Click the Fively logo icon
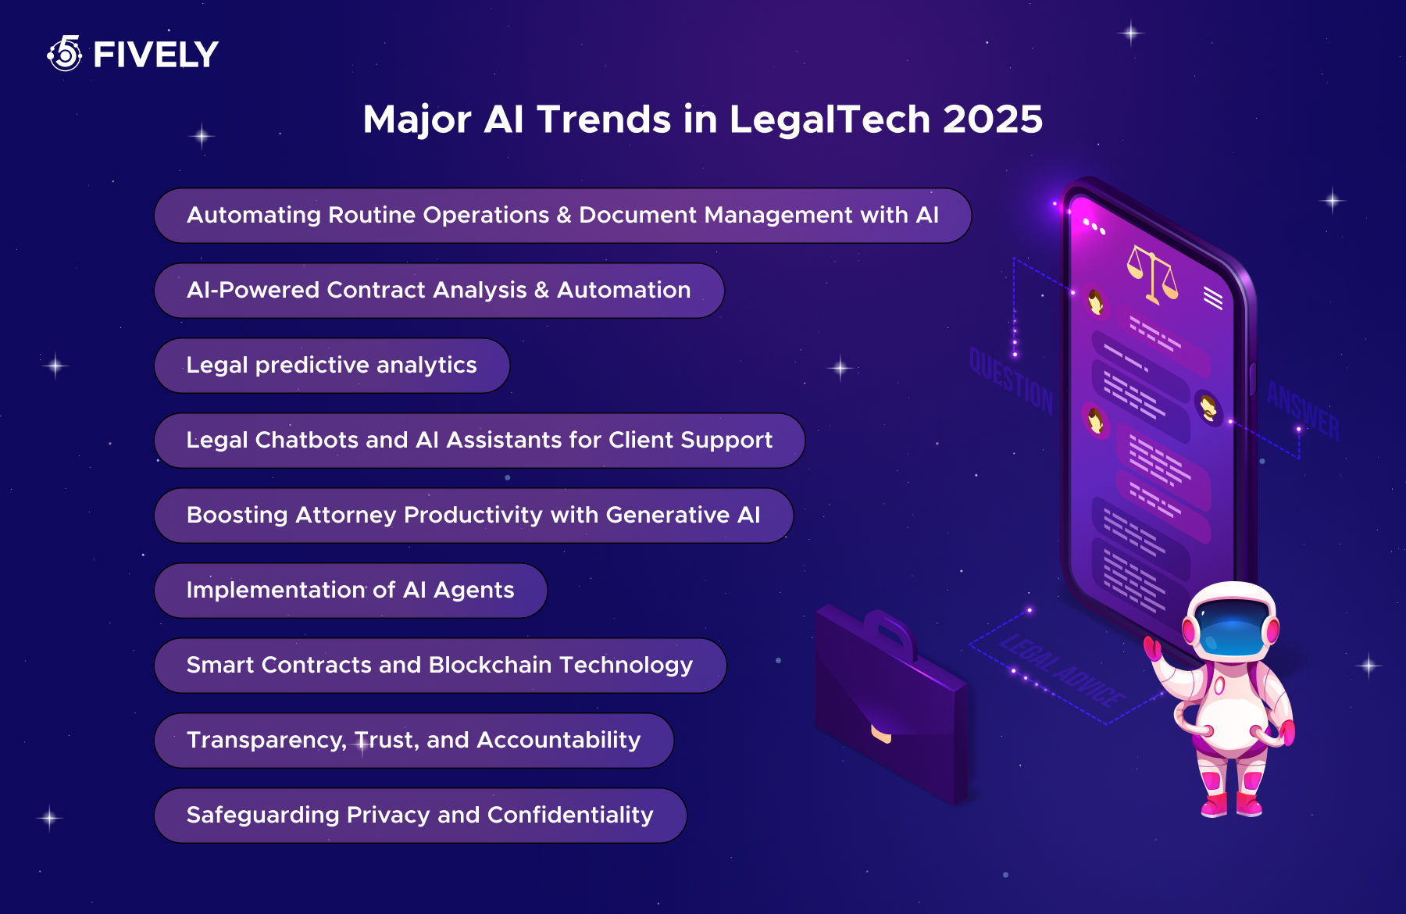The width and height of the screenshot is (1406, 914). [x=65, y=54]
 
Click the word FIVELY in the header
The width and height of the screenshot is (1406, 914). [x=155, y=55]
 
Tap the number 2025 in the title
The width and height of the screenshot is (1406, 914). [x=992, y=120]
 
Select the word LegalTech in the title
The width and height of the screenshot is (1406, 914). [x=830, y=120]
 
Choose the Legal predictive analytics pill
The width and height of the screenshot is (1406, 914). [x=332, y=366]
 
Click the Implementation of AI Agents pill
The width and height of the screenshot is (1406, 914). [x=350, y=591]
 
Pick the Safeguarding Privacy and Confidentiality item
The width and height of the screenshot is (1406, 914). [x=420, y=816]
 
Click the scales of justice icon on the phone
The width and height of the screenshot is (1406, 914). [x=1151, y=273]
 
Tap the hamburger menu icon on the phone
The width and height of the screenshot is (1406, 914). [x=1213, y=298]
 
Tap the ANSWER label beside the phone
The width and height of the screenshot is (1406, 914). [x=1302, y=411]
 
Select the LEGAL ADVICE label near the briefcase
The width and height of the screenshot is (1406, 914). [x=1062, y=671]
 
